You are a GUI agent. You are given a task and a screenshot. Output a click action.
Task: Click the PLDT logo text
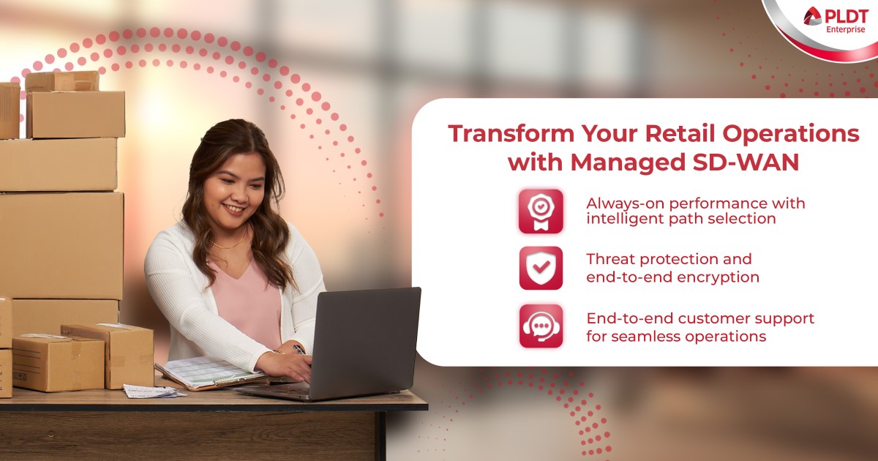point(846,16)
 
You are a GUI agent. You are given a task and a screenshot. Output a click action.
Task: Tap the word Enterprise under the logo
point(846,30)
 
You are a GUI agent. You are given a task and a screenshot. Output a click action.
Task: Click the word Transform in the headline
point(511,134)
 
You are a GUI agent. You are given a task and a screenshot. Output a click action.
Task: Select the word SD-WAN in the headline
point(746,162)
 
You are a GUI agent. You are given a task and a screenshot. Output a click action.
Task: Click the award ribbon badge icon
point(541,211)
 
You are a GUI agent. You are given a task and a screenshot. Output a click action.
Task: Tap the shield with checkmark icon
point(541,268)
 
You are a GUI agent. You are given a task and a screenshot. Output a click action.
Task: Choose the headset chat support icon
point(541,326)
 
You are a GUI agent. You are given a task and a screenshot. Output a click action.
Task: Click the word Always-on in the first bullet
point(625,204)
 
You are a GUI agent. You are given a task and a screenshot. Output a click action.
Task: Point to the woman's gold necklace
point(229,243)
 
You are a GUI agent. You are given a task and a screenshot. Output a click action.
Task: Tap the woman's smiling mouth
point(235,208)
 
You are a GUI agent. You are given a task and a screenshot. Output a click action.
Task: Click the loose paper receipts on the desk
point(153,391)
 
